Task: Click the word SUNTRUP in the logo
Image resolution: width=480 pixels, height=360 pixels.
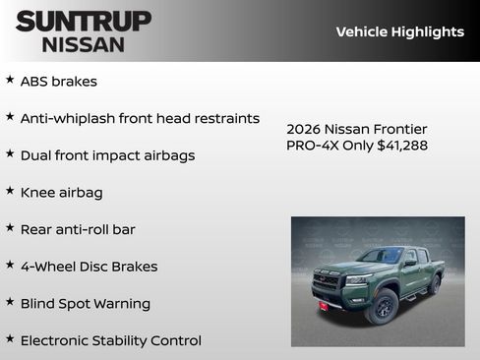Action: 84,20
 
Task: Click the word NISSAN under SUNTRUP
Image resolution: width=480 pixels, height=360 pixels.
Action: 84,44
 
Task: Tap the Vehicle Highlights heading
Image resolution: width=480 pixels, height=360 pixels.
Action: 399,31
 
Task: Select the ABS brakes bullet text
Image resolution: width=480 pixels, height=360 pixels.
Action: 59,82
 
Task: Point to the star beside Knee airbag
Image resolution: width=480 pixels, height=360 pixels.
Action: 10,191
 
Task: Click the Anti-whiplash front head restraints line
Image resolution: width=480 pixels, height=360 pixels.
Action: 140,118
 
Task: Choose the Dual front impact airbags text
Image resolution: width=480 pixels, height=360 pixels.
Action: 107,155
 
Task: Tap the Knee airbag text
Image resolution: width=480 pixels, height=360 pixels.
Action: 61,193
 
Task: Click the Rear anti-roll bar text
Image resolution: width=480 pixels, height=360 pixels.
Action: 78,229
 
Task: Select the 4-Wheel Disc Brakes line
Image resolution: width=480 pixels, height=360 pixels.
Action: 89,267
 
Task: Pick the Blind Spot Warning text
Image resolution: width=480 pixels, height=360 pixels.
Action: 86,304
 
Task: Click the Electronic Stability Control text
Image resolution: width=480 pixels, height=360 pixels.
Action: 110,340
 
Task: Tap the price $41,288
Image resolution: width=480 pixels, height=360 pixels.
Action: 402,146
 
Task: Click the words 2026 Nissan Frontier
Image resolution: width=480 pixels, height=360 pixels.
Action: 357,129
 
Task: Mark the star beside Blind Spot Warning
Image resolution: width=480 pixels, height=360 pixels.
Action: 10,302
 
